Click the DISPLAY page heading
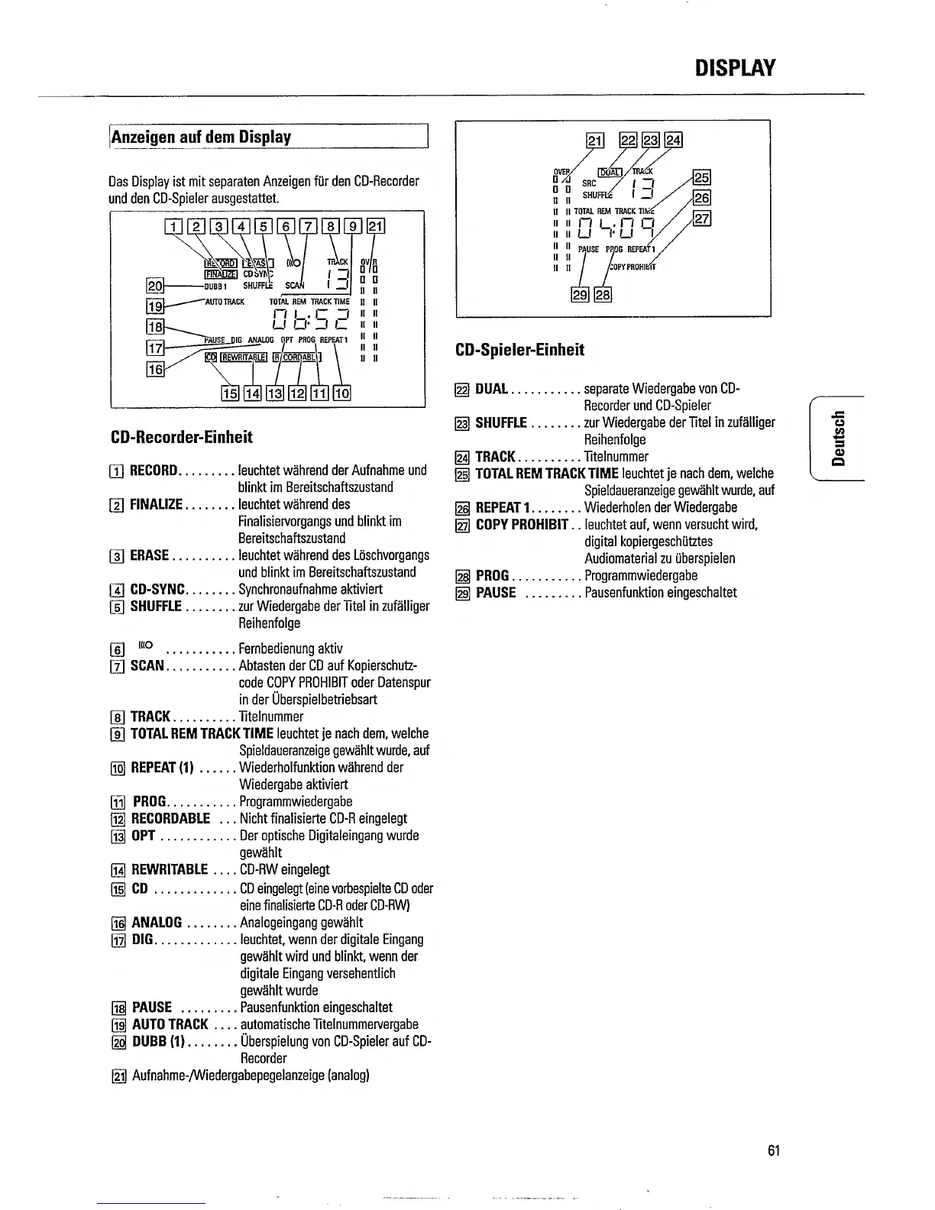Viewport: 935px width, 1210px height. [x=735, y=68]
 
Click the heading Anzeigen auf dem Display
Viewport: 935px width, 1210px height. [x=202, y=137]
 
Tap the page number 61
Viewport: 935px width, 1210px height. [x=774, y=1150]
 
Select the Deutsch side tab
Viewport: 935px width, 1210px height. [x=838, y=438]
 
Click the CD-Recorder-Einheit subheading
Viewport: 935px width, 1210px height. [x=181, y=437]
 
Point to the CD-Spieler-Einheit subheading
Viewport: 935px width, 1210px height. [x=519, y=350]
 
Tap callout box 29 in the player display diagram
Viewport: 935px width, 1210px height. [x=581, y=296]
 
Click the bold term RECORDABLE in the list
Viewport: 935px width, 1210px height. [x=170, y=819]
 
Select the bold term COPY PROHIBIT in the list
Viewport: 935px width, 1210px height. [x=522, y=525]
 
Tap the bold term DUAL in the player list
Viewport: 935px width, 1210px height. [x=491, y=389]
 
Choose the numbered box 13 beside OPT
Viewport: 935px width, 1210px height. [x=118, y=836]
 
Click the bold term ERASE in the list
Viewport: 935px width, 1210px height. [x=149, y=555]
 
